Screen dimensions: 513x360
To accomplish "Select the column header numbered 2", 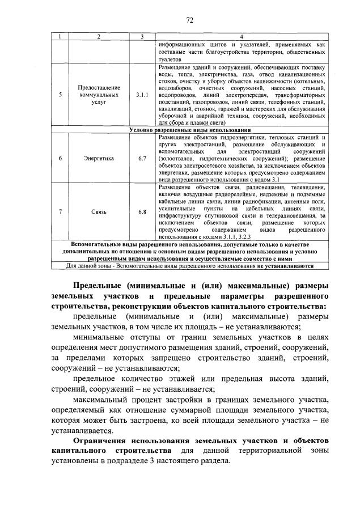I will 99,37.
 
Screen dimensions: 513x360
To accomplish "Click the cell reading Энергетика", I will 99,158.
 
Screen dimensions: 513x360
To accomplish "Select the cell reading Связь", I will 99,212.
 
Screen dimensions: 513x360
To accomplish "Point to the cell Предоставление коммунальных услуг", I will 99,95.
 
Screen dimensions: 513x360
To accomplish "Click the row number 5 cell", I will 60,95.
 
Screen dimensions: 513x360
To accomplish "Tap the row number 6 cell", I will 60,158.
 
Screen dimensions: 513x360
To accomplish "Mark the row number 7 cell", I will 60,212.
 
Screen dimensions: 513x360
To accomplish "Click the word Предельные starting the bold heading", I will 98,285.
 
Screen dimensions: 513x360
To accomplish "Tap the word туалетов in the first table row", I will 170,58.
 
